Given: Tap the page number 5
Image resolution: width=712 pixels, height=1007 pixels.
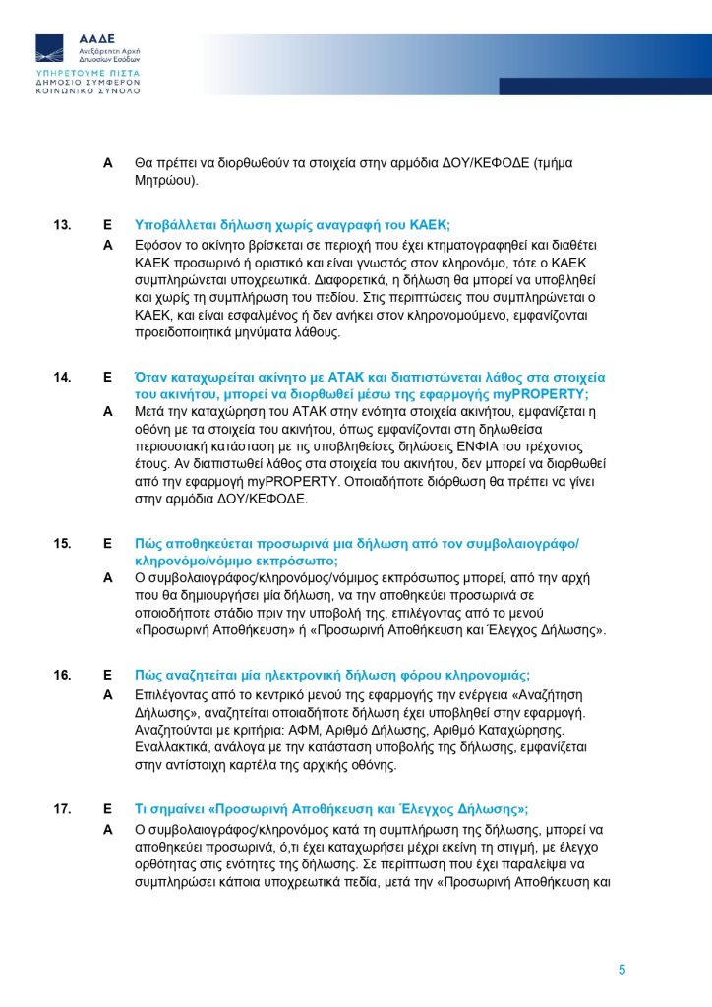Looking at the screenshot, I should (622, 970).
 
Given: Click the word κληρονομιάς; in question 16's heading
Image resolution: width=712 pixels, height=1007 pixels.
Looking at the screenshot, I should (488, 675).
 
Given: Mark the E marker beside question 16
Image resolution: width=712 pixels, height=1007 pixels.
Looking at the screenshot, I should (108, 675).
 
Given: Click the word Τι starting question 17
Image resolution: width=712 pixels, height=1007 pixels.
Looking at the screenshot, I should (142, 809).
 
